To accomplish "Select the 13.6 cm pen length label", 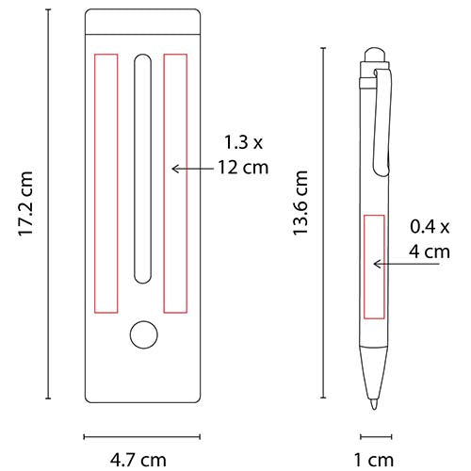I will tap(300, 203).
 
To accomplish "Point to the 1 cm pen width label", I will tap(376, 461).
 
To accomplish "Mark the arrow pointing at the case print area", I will tap(193, 168).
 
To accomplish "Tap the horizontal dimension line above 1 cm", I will tap(375, 436).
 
